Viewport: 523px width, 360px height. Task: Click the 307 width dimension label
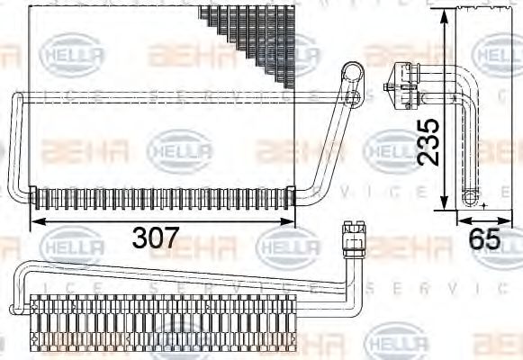pyautogui.click(x=156, y=239)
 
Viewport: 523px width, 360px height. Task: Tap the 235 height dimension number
pyautogui.click(x=430, y=141)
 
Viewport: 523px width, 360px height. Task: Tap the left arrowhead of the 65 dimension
pyautogui.click(x=460, y=218)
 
